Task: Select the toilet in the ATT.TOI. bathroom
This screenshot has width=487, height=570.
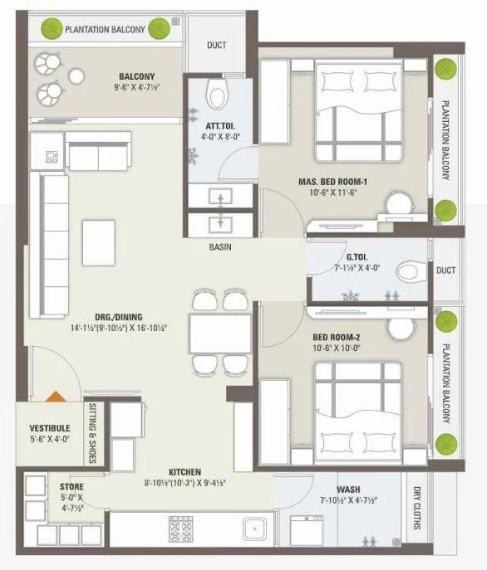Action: pyautogui.click(x=218, y=95)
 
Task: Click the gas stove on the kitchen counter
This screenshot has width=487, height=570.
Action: pyautogui.click(x=181, y=529)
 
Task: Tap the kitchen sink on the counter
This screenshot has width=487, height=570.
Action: pyautogui.click(x=253, y=529)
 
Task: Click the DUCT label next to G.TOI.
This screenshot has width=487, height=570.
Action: pyautogui.click(x=445, y=270)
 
